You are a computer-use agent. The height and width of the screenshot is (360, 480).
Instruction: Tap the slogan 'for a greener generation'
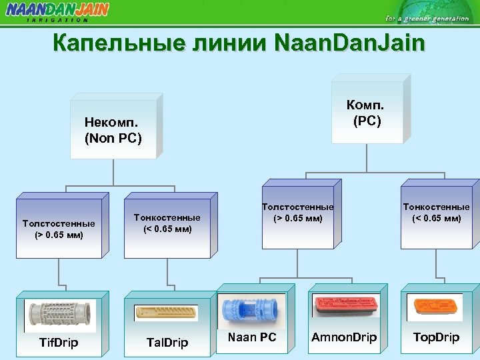click(427, 18)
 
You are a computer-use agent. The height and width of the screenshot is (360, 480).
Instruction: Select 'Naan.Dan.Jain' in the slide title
click(349, 44)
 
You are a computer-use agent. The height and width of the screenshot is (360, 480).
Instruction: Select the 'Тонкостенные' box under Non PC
click(167, 223)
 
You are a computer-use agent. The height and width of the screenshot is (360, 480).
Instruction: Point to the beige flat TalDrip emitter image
click(167, 313)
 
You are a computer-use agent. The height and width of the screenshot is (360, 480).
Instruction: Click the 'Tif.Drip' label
click(58, 343)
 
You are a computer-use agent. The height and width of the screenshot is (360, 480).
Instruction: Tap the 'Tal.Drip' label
click(167, 343)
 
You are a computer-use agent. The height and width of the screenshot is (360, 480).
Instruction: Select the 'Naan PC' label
click(251, 337)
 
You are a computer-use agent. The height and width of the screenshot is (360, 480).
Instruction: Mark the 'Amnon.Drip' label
click(343, 337)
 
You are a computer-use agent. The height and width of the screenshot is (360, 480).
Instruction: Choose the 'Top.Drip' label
click(436, 337)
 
